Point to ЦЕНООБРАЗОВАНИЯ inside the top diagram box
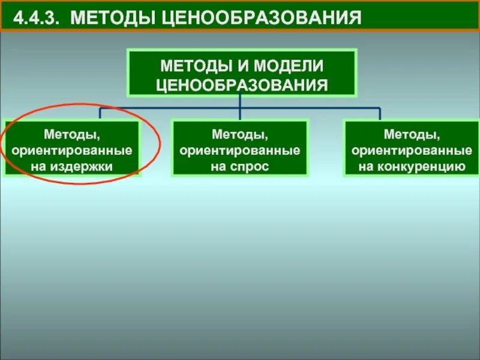tap(241, 83)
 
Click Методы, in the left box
tap(71, 132)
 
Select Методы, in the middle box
tap(239, 132)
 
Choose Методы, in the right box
tap(411, 132)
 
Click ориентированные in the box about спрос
tap(239, 149)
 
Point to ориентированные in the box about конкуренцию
tap(411, 149)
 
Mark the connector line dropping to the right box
tap(380, 114)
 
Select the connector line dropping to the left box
tap(100, 113)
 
